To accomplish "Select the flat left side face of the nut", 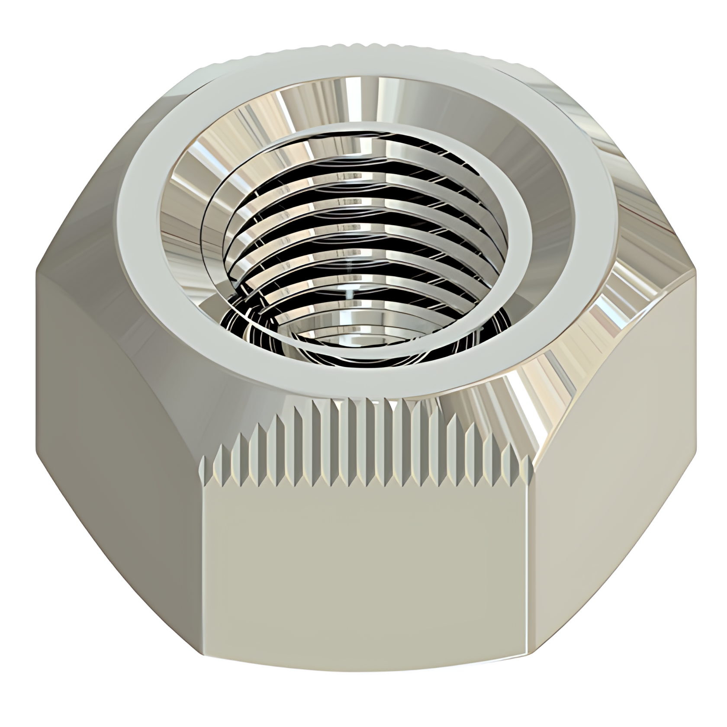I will coord(117,476).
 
